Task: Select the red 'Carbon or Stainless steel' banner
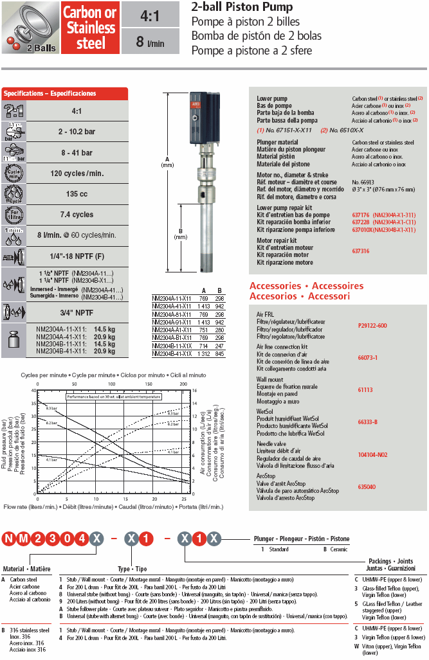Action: click(x=91, y=28)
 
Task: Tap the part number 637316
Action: click(x=361, y=251)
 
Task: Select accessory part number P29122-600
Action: click(x=372, y=325)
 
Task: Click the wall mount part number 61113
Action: click(x=365, y=389)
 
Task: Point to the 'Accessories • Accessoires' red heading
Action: click(x=306, y=286)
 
